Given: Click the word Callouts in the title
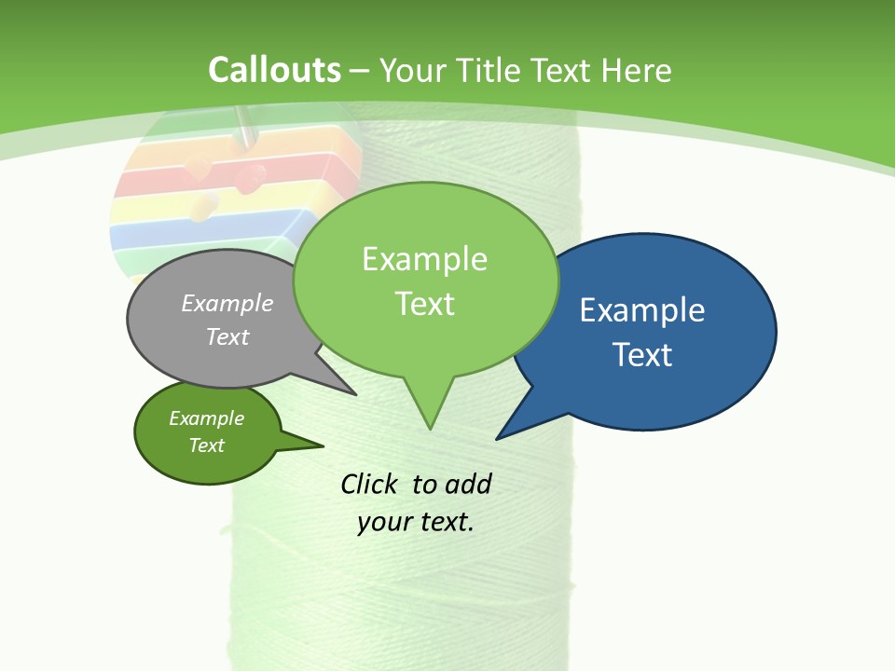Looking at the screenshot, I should pyautogui.click(x=274, y=70).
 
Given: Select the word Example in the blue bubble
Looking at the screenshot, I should pyautogui.click(x=642, y=310).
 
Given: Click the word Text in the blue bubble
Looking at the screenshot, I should pyautogui.click(x=642, y=355).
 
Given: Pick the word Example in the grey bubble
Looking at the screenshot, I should pyautogui.click(x=227, y=304).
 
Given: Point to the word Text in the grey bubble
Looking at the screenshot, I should pyautogui.click(x=227, y=337).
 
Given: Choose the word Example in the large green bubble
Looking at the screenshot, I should pyautogui.click(x=424, y=259).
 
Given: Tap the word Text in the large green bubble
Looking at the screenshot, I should pyautogui.click(x=424, y=304).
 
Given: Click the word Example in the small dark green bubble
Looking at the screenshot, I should pyautogui.click(x=206, y=418).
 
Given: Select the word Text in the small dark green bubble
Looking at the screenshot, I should pyautogui.click(x=206, y=445).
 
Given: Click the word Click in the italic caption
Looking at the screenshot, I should pyautogui.click(x=368, y=485).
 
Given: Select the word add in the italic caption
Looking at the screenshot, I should pyautogui.click(x=468, y=485).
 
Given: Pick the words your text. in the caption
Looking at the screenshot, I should pyautogui.click(x=416, y=522).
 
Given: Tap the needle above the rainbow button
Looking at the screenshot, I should pyautogui.click(x=245, y=126).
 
